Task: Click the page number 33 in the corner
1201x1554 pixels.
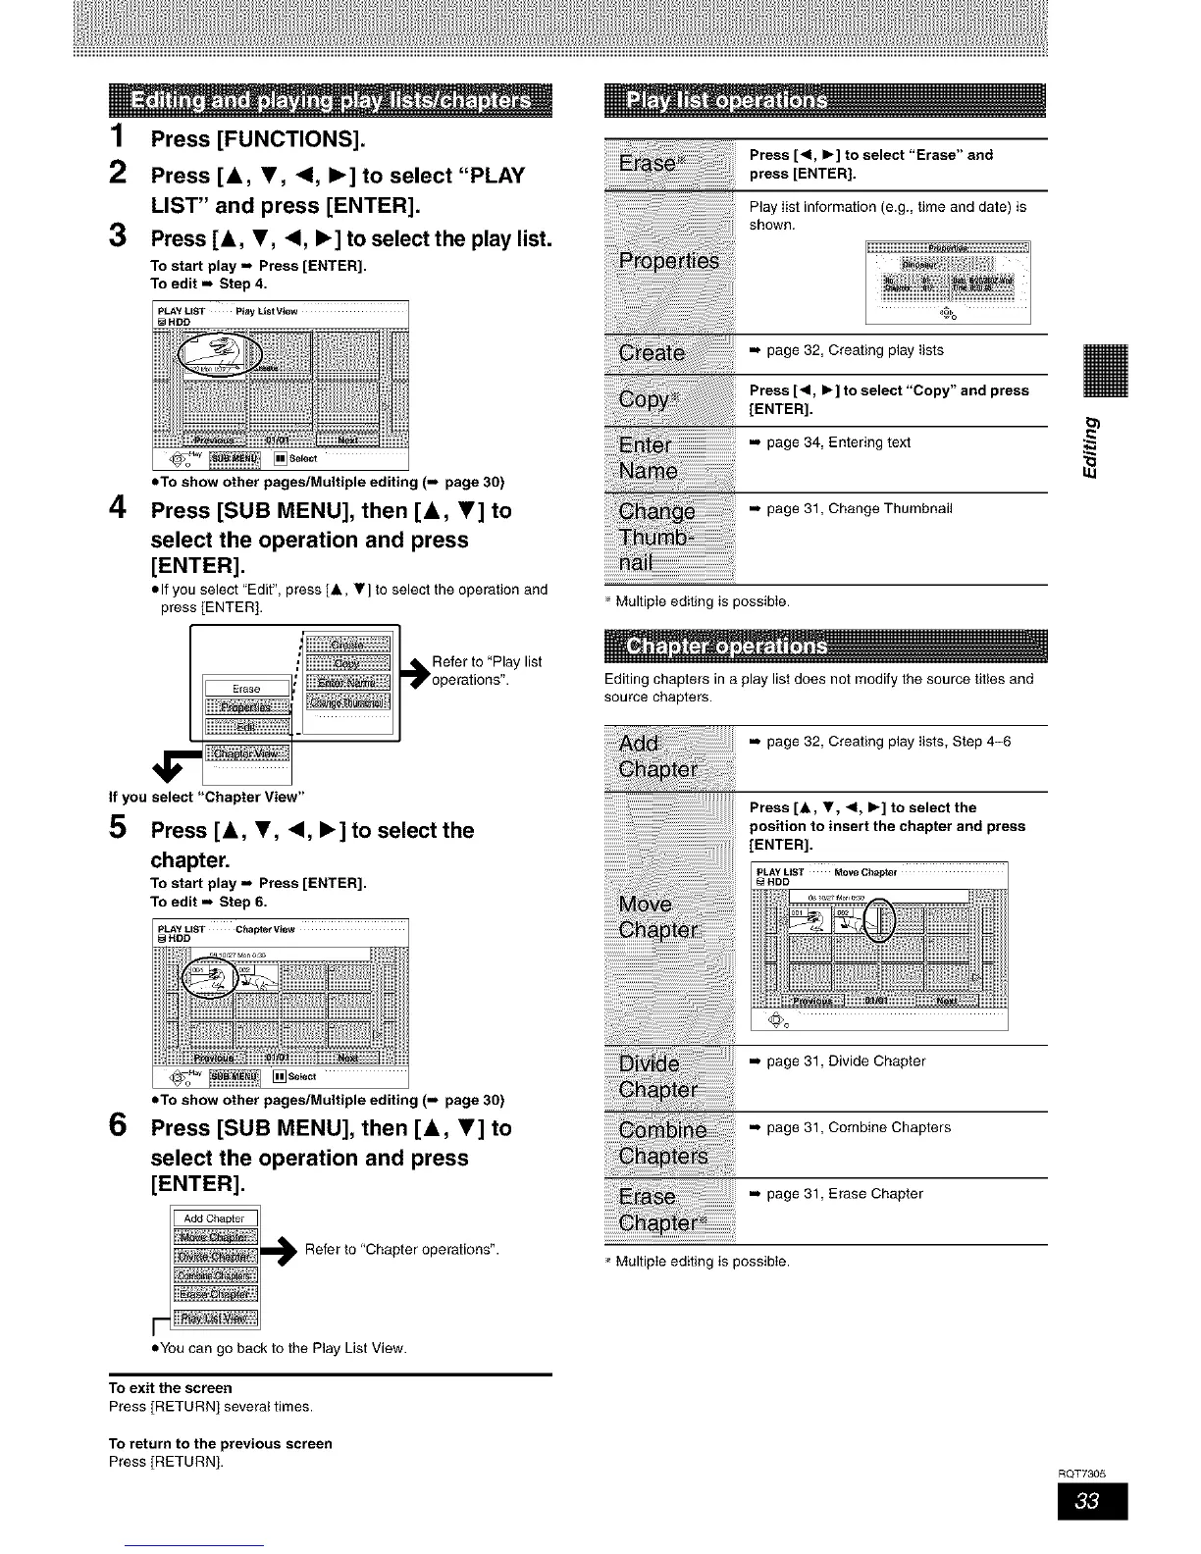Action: click(1092, 1501)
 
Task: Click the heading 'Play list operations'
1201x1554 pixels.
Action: click(727, 101)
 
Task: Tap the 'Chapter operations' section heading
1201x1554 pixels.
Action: click(727, 647)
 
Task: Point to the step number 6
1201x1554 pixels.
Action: click(119, 1128)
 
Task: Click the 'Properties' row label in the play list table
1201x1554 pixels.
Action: click(668, 260)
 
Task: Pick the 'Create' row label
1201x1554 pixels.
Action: click(652, 353)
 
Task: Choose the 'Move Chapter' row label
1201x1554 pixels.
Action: click(658, 916)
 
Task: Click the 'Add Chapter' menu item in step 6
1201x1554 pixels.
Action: click(214, 1218)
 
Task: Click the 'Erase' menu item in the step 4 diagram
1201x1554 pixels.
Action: click(246, 689)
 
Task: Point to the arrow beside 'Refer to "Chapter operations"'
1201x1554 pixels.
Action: click(282, 1251)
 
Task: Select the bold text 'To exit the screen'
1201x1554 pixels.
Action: click(171, 1388)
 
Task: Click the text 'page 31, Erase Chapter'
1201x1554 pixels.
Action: click(844, 1194)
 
